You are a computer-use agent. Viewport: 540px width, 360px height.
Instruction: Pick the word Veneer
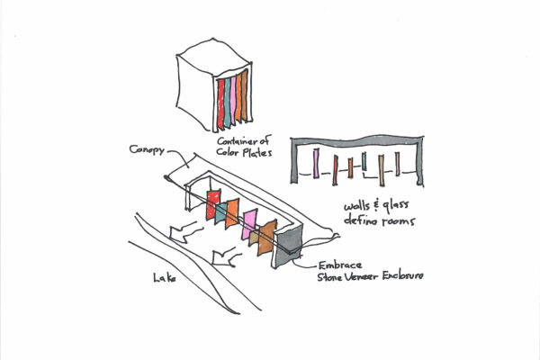tap(364, 280)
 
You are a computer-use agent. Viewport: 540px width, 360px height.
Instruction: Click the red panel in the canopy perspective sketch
tap(214, 204)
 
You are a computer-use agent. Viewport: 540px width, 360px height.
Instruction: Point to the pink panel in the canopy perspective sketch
tap(248, 225)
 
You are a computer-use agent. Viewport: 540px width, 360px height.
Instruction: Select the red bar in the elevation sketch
tap(335, 168)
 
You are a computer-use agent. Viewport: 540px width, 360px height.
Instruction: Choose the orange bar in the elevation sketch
tap(382, 167)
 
